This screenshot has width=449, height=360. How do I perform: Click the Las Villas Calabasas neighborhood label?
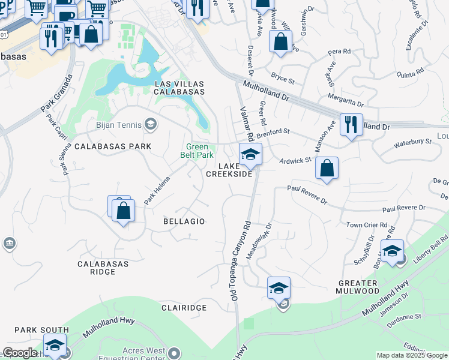[179, 88]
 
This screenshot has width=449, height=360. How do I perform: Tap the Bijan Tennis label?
[118, 125]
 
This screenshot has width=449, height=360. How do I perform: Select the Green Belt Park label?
[197, 150]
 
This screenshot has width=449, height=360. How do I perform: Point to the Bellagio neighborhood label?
[184, 221]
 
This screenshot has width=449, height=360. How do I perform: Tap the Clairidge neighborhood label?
[184, 307]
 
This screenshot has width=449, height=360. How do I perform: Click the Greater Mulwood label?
[357, 287]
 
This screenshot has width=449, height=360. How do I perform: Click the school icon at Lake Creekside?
[250, 155]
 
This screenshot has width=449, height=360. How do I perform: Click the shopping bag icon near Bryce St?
[280, 42]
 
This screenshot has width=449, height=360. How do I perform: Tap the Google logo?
[19, 353]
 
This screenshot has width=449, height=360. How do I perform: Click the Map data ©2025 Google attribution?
[412, 355]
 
